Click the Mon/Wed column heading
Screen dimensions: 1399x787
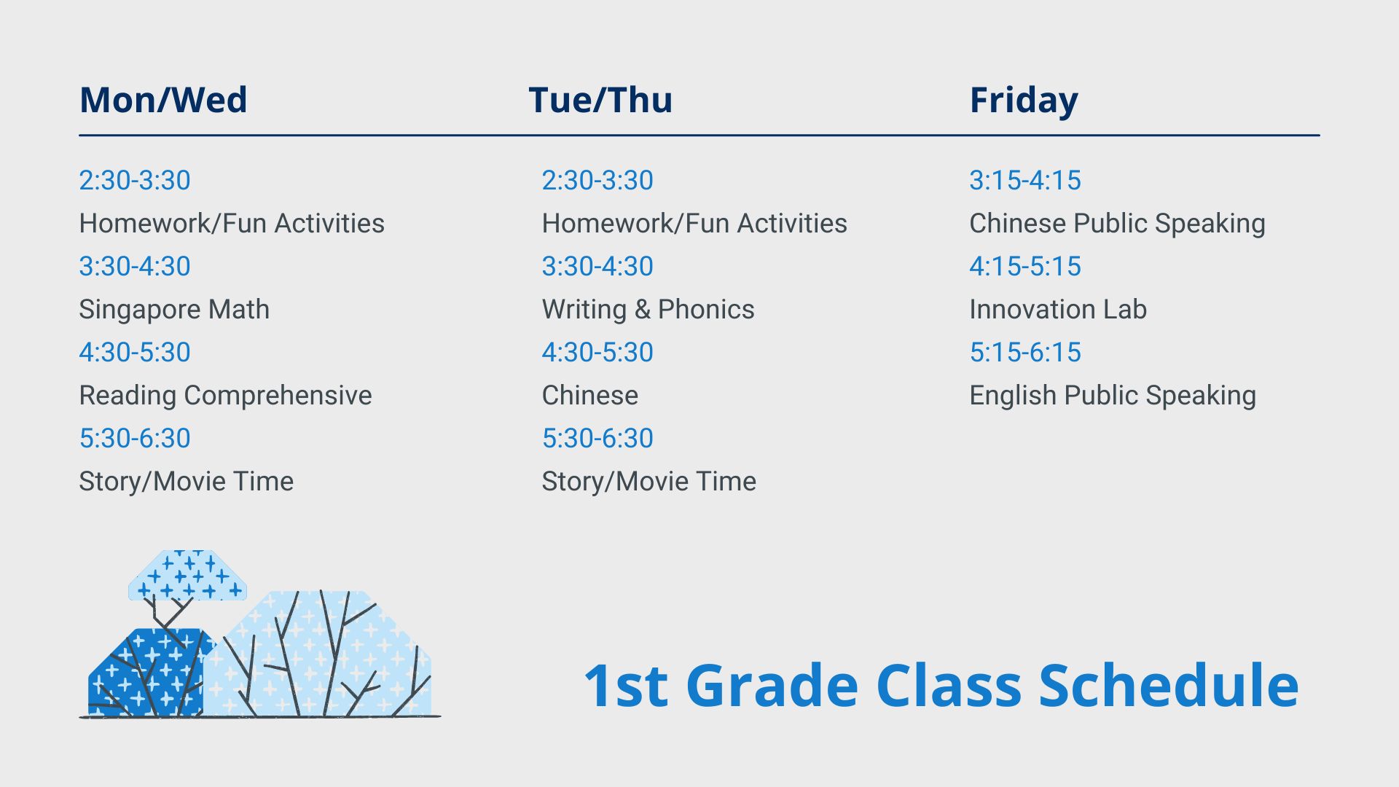(163, 100)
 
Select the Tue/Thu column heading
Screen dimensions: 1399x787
(600, 100)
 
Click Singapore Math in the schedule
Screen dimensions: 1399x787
(174, 310)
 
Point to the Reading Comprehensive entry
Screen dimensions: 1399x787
(225, 396)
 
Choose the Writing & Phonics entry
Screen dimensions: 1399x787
(648, 310)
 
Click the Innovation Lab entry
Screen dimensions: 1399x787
(1058, 310)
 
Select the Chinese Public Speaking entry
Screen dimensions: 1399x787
(1117, 224)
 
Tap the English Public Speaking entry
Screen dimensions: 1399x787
(1113, 396)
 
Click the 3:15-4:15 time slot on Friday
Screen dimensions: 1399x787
(1025, 180)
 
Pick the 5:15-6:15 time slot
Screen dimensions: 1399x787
(1025, 352)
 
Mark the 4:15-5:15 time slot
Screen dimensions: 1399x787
(1025, 266)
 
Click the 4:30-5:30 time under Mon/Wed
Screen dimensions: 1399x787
(135, 352)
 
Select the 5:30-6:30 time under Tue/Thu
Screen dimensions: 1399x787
(597, 438)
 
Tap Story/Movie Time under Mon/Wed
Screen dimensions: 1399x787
(187, 482)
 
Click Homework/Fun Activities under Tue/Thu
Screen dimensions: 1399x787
(694, 224)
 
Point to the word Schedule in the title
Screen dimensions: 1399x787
(1168, 686)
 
